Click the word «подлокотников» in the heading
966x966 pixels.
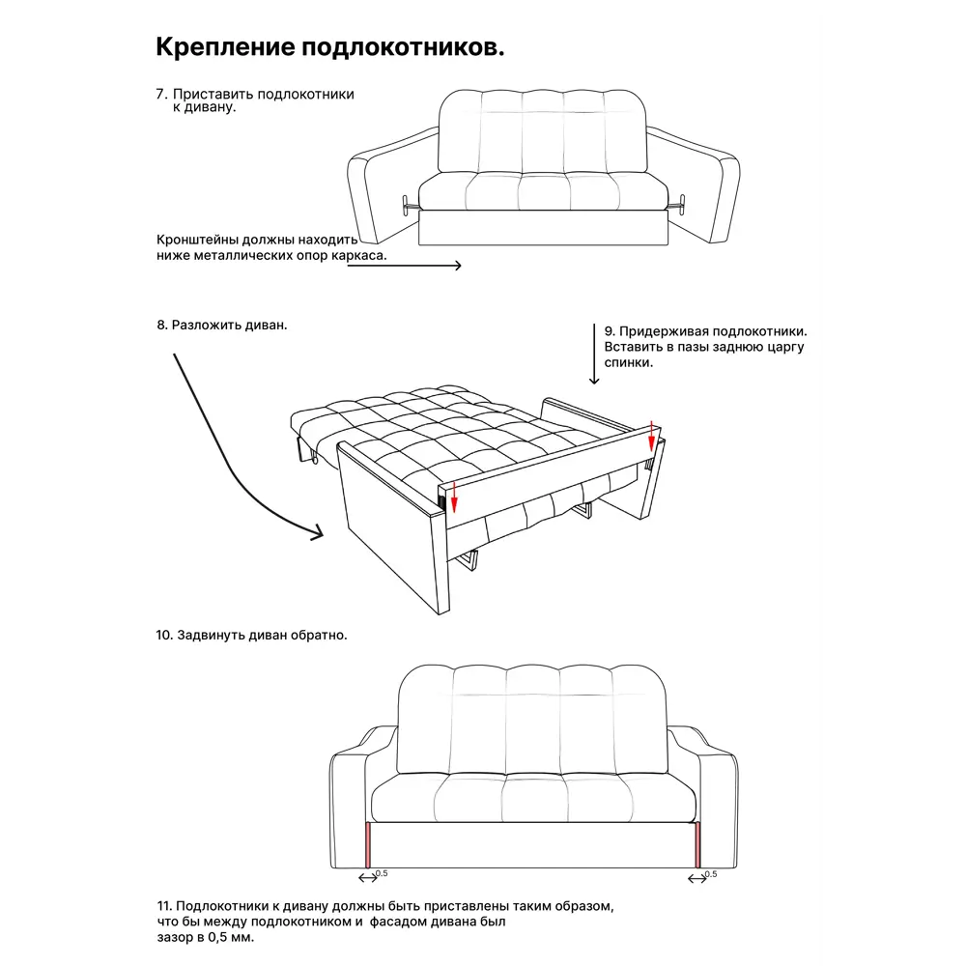coord(402,47)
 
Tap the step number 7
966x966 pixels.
coord(160,95)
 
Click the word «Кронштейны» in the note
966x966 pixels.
coord(196,241)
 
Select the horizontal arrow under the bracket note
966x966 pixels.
coord(405,266)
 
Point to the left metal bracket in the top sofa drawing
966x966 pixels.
coord(408,205)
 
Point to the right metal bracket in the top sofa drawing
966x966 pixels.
coord(679,204)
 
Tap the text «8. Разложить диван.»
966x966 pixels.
coord(222,326)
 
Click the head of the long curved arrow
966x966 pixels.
coord(318,533)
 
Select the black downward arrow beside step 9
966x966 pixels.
coord(594,354)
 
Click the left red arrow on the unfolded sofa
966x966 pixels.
coord(455,497)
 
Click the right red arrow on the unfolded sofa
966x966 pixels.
coord(652,437)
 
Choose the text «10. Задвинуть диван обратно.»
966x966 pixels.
coord(251,636)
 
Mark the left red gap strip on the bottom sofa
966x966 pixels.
coord(368,844)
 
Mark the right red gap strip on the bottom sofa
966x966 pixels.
coord(698,844)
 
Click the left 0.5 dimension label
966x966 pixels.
coord(382,873)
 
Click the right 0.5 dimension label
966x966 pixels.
coord(711,874)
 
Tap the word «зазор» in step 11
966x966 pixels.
coord(175,938)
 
